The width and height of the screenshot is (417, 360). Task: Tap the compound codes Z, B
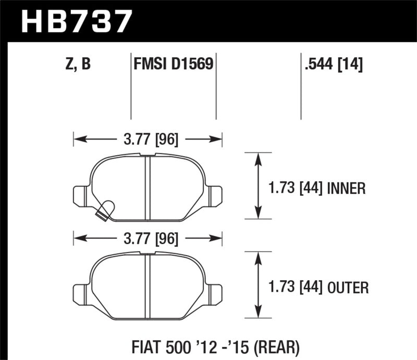coord(78,64)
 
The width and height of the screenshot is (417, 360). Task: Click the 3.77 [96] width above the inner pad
coord(148,139)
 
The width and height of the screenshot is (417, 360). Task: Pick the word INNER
coord(347,188)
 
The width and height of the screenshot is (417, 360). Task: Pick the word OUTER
coord(348,287)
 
